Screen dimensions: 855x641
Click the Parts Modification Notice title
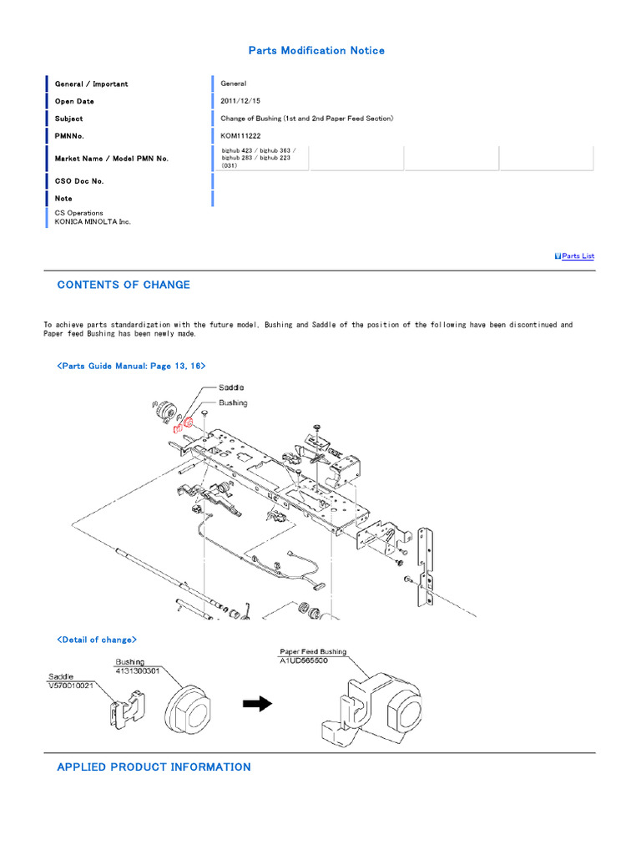316,51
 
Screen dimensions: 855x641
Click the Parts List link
578,256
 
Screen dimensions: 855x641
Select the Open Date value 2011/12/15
240,101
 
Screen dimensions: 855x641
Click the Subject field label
69,119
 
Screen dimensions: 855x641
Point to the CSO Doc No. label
79,181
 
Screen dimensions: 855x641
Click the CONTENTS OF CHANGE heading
124,285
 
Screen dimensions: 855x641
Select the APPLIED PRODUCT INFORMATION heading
154,766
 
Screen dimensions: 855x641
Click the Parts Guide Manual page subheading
131,366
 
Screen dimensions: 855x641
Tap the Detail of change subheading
97,640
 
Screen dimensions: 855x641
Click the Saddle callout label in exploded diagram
231,388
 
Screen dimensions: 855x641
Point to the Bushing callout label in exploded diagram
233,402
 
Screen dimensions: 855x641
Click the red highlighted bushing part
189,422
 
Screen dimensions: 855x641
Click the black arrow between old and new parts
257,705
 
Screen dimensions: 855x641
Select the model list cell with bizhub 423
260,158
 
